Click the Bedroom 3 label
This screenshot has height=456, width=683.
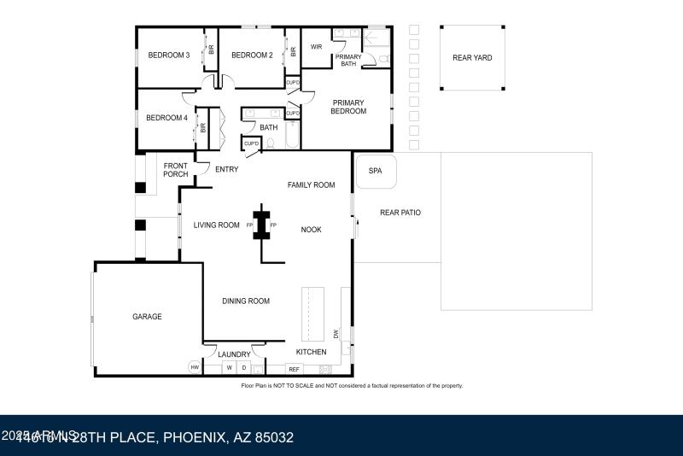point(169,56)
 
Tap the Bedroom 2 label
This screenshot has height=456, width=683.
point(252,56)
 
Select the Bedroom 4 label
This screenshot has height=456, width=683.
point(166,118)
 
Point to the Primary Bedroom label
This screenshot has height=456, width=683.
point(348,107)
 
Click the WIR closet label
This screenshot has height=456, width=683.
point(316,47)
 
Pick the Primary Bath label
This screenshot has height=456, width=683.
point(348,60)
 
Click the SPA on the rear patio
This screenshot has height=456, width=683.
point(375,171)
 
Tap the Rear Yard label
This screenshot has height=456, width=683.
point(472,58)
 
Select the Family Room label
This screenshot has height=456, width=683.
point(311,184)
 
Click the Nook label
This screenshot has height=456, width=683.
point(311,229)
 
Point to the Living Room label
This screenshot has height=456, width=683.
point(216,225)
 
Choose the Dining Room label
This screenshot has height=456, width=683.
point(246,301)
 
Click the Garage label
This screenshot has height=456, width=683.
point(147,317)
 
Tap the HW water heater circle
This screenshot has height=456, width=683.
point(195,368)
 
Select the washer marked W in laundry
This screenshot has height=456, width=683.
point(229,368)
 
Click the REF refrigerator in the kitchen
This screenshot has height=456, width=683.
point(295,369)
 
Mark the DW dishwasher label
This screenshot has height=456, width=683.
point(336,334)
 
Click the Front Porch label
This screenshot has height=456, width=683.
point(176,170)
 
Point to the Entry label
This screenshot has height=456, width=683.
point(226,169)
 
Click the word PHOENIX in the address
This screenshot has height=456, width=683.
point(194,438)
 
